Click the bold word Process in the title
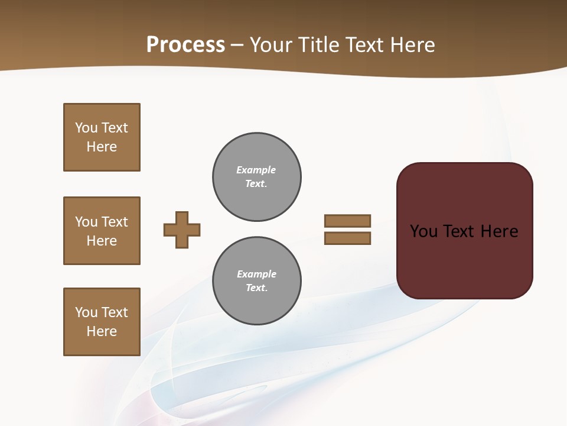tap(185, 45)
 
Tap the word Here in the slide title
tap(412, 45)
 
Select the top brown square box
tap(102, 137)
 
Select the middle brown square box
tap(102, 231)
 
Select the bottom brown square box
tap(102, 322)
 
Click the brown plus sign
tap(182, 230)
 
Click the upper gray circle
tap(256, 177)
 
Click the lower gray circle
tap(256, 281)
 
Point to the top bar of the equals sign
tap(347, 221)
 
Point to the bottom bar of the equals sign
tap(347, 238)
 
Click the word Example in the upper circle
tap(256, 170)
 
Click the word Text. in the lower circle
tap(256, 288)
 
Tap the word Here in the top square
tap(102, 147)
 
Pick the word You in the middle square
tap(86, 222)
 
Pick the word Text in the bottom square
tap(115, 312)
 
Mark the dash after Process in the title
tap(237, 45)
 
